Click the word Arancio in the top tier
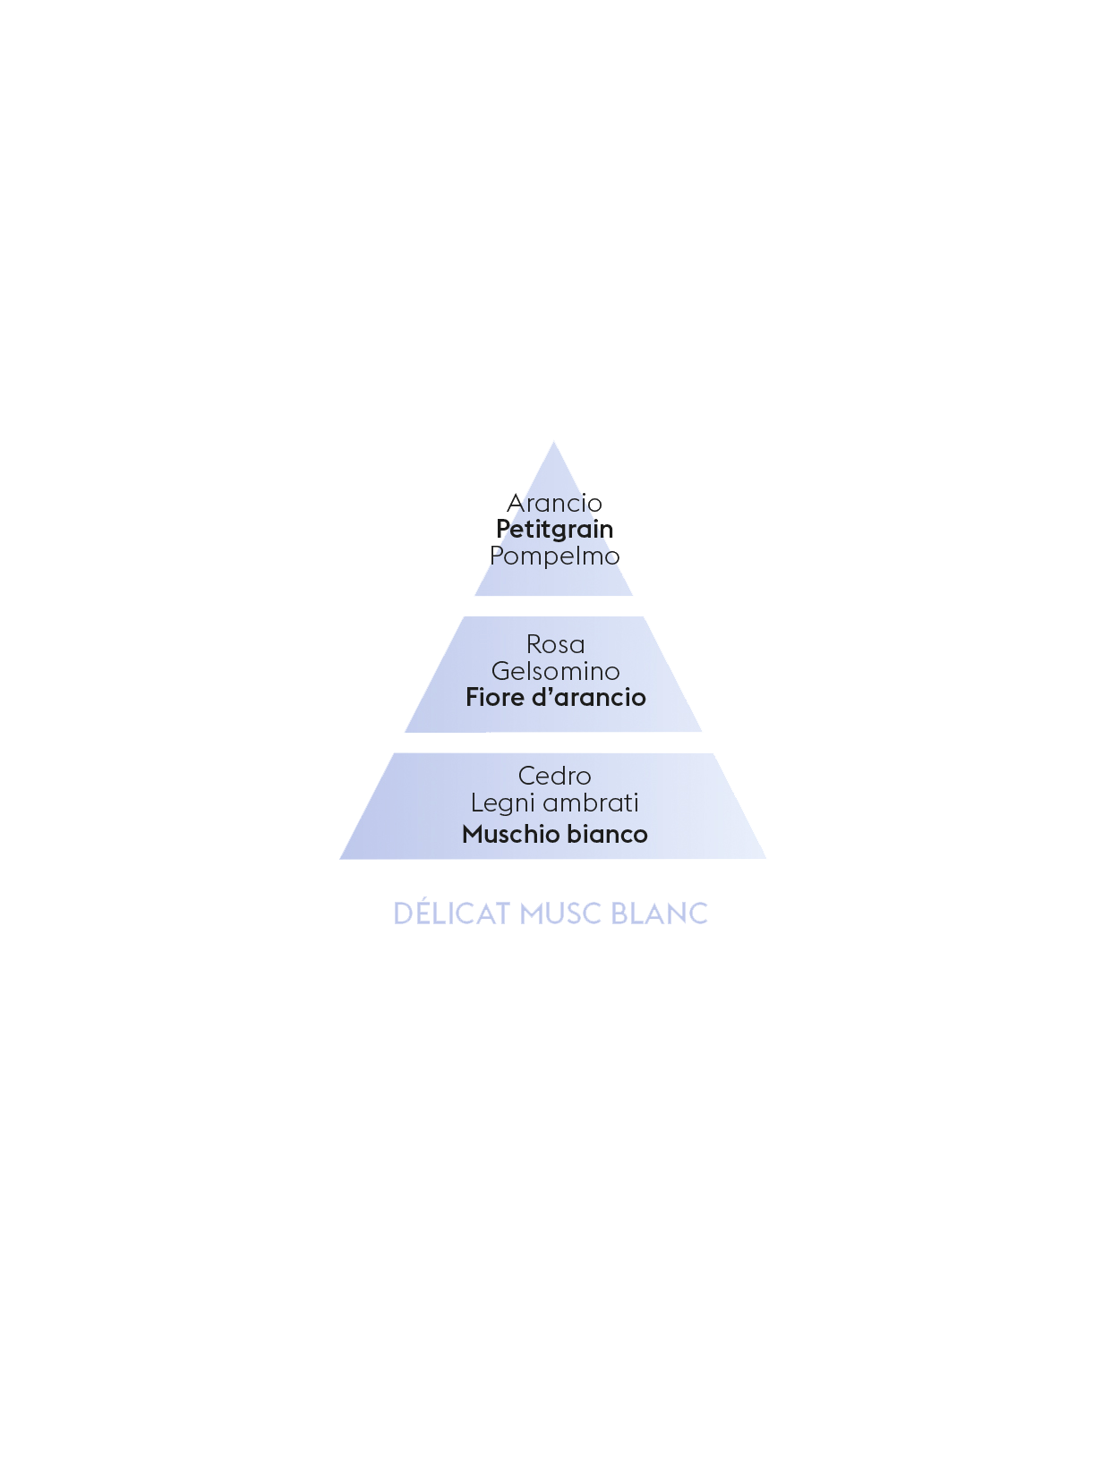coord(554,503)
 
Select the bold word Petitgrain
coord(554,530)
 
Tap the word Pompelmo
coord(554,556)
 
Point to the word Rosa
coord(555,644)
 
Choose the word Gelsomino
coord(555,671)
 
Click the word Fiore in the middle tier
coord(495,697)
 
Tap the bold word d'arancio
coord(589,697)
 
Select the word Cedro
coord(554,776)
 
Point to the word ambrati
coord(591,803)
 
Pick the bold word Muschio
coord(511,834)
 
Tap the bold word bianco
coord(608,834)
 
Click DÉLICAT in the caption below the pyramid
coord(452,913)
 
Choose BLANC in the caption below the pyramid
coord(660,914)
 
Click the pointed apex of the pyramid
coord(553,442)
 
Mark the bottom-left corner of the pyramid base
coord(340,859)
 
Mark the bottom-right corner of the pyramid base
coord(766,859)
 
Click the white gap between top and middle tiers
coord(553,606)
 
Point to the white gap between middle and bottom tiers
coord(553,743)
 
